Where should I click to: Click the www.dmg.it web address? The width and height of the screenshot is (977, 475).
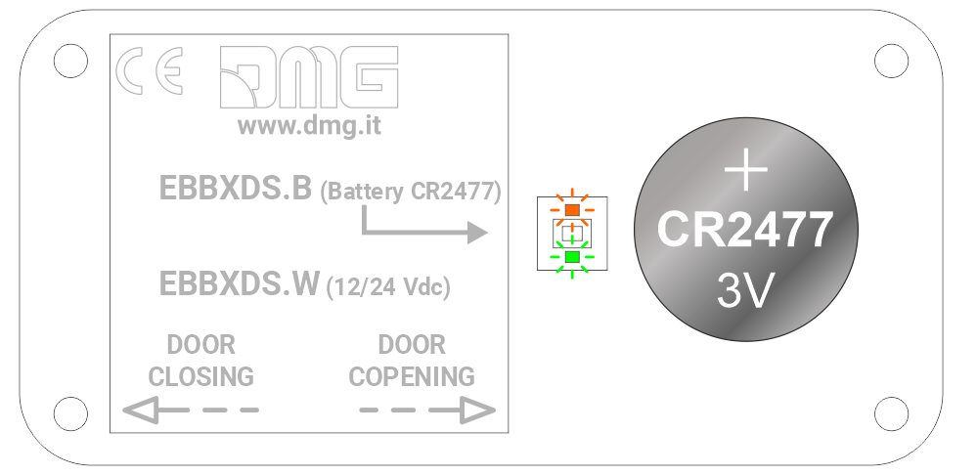coord(309,125)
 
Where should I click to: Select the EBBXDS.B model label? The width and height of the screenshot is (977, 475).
coord(236,189)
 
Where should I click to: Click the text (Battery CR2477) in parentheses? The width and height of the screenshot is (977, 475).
coord(411,192)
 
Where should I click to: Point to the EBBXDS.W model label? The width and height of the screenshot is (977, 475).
coord(239,283)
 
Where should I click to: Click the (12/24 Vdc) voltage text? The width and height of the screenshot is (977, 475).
coord(388,287)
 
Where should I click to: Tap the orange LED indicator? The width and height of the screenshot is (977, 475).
coord(572,209)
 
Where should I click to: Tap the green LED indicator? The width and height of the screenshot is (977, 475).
coord(572,257)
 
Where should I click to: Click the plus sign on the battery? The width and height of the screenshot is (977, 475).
coord(744,171)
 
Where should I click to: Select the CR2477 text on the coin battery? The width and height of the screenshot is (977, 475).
coord(744,230)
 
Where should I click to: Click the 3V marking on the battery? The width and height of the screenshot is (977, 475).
coord(744,290)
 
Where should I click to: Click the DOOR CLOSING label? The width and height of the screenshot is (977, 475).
coord(200,360)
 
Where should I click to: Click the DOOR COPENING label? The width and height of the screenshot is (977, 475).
coord(412,360)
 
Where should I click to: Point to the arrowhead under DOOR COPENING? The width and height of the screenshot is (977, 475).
coord(475,410)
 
